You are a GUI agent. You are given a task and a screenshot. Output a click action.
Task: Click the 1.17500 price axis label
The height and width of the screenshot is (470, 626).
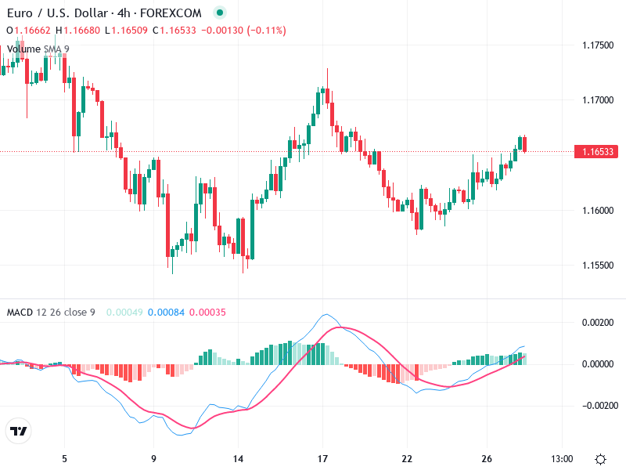(x=597, y=45)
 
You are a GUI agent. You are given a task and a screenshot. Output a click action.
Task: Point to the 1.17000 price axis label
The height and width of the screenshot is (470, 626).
(x=597, y=100)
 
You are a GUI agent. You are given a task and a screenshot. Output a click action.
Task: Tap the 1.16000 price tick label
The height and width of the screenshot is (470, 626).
(x=597, y=211)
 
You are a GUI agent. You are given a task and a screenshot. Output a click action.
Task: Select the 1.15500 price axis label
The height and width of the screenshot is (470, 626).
(x=597, y=266)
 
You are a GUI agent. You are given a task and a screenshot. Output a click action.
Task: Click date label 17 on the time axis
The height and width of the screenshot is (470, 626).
(x=322, y=458)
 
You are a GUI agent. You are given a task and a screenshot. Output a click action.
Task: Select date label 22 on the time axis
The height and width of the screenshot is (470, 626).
(x=407, y=458)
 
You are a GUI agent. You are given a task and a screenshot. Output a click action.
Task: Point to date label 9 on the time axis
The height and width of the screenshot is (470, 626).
(x=153, y=458)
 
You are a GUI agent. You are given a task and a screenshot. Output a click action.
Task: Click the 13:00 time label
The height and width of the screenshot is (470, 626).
(x=562, y=458)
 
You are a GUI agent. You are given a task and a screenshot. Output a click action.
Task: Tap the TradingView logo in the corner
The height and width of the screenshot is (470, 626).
(x=18, y=431)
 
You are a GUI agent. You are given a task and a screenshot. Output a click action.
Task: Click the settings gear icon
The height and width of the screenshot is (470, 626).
(x=600, y=459)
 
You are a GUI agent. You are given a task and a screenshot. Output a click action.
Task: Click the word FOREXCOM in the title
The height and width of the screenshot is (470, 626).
(x=171, y=13)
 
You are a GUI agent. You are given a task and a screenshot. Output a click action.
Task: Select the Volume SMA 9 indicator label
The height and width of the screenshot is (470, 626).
(x=38, y=49)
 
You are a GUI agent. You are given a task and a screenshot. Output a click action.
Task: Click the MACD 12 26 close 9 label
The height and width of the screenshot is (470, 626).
(x=51, y=313)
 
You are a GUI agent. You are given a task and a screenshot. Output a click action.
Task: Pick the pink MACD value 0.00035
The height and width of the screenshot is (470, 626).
(x=207, y=313)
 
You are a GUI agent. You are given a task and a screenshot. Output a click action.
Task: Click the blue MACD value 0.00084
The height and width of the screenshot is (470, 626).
(x=166, y=313)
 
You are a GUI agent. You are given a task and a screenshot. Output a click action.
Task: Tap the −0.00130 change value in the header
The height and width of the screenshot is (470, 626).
(x=221, y=31)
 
